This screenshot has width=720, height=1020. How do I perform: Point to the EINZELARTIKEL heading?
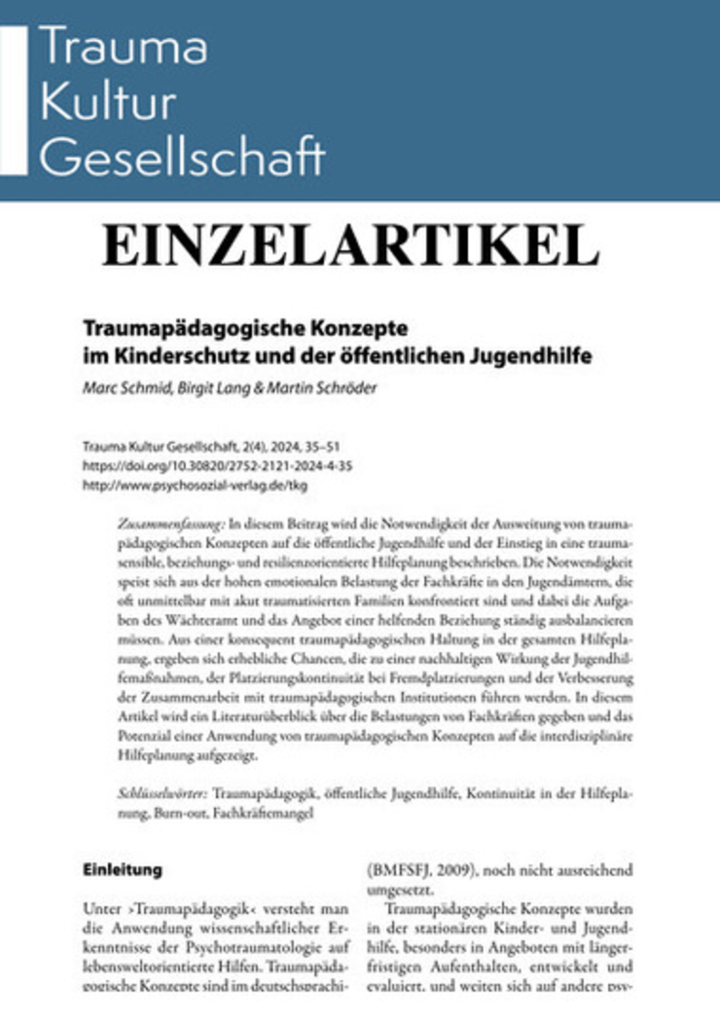(351, 246)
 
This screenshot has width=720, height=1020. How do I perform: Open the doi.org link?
(217, 465)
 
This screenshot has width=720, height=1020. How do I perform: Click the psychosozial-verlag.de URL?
(195, 486)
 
